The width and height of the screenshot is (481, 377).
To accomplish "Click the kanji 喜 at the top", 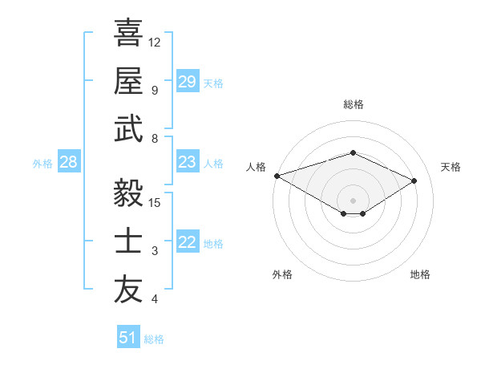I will [x=128, y=34].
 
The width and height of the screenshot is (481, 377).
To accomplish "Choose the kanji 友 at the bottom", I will [x=128, y=290].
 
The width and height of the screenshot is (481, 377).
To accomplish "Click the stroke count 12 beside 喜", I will [x=155, y=42].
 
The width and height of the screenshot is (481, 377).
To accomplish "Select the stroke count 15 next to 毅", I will [x=155, y=202].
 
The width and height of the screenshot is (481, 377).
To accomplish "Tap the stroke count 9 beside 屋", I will [x=154, y=90].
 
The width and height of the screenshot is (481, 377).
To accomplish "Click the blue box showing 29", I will [x=187, y=82].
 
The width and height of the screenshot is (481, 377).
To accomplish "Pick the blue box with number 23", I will [x=187, y=162].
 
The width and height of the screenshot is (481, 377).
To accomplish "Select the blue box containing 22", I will [x=187, y=243].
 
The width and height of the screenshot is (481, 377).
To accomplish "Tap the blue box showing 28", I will [x=68, y=163].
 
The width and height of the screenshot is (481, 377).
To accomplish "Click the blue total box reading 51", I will [x=127, y=338].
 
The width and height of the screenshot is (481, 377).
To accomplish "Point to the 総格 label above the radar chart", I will [x=353, y=104].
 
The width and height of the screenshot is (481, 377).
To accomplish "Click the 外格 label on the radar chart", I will [x=282, y=274].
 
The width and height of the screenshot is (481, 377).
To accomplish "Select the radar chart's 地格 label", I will [x=420, y=274].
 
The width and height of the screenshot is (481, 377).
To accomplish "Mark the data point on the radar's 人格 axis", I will [x=277, y=176].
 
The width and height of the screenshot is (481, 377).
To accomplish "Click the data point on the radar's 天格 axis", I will [x=414, y=181].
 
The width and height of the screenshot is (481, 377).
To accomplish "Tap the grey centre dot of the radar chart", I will [x=353, y=199].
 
